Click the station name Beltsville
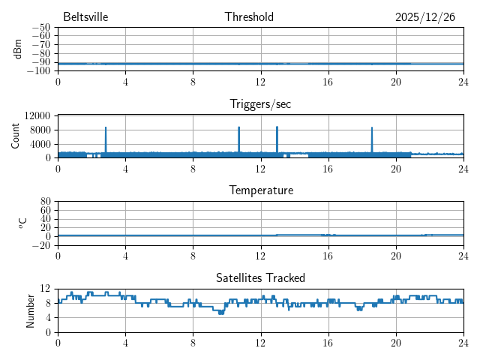tap(85, 17)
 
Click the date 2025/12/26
tap(424, 17)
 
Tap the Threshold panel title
tap(249, 17)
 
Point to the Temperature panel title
tap(260, 190)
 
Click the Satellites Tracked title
tap(260, 278)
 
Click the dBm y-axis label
tap(18, 49)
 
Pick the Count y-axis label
tap(16, 136)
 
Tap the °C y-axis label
tap(22, 223)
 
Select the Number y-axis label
tap(30, 310)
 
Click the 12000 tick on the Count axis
tap(37, 115)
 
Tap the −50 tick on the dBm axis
tap(40, 28)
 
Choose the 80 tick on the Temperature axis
tap(45, 202)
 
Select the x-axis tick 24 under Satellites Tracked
tap(463, 342)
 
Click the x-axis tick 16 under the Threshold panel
tap(328, 81)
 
